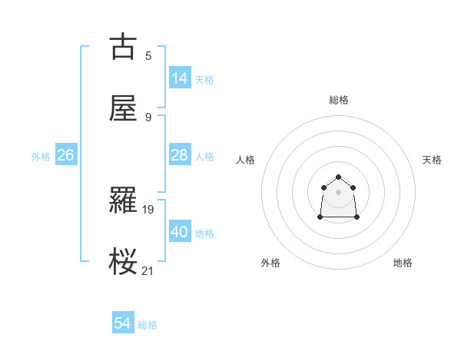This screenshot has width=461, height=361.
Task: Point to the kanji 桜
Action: pos(123,262)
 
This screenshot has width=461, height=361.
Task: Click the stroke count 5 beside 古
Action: pos(148,55)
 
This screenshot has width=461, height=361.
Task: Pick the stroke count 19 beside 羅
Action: pos(149,208)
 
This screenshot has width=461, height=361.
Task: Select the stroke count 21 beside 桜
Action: pos(148,270)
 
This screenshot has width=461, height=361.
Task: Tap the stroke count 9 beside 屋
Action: pos(148,117)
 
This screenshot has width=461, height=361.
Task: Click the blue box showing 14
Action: pos(180,78)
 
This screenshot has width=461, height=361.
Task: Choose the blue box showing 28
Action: pos(180,155)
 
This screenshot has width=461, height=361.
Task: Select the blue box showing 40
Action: pos(180,232)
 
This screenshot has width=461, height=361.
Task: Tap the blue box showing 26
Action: pos(65,155)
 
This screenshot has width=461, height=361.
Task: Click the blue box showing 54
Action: pos(123,324)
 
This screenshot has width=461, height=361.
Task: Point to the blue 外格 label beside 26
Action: pos(41,157)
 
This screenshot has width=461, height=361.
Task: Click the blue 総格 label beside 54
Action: pos(148,325)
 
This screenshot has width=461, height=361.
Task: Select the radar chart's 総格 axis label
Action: pos(339,100)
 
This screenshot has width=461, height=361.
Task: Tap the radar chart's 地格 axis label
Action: pos(403,263)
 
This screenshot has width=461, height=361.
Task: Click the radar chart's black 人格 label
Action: pos(246,160)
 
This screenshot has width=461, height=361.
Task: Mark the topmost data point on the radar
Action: pos(339,177)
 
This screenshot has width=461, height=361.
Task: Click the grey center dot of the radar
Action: pos(339,191)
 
